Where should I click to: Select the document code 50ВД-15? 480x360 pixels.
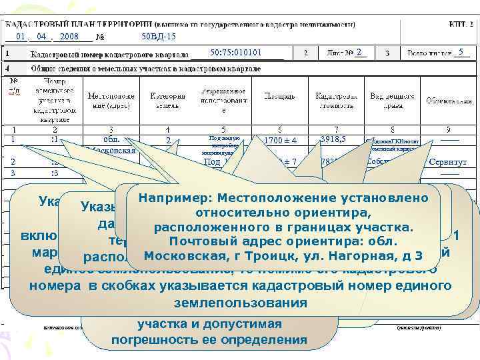[159, 36]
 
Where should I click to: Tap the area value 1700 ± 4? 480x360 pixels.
[279, 141]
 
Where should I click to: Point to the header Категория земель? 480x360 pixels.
[168, 100]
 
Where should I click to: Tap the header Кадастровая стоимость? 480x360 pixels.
[332, 100]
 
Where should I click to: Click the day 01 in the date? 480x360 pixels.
[21, 36]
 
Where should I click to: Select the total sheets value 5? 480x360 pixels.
[461, 52]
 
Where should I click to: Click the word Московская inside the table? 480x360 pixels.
[111, 151]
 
